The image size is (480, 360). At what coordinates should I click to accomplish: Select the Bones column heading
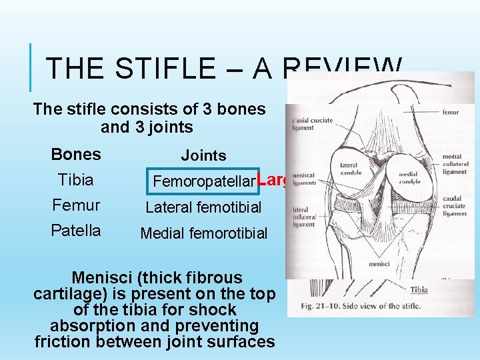click(76, 155)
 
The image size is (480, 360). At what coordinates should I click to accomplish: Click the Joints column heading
click(204, 156)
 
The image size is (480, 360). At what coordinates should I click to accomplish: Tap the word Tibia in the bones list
click(76, 180)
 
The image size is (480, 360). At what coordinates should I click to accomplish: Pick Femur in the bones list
click(76, 205)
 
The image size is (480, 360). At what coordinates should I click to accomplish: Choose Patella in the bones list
click(76, 231)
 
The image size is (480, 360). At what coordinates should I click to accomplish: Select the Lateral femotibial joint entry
click(203, 207)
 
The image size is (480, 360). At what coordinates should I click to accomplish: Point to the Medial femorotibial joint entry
click(203, 233)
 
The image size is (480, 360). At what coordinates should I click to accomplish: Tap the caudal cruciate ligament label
click(456, 205)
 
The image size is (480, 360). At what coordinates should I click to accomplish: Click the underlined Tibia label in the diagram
click(419, 290)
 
